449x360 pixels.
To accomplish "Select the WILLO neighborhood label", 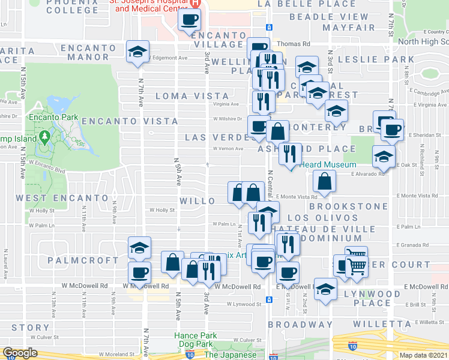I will pos(197,201).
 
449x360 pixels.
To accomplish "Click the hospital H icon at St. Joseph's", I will pos(194,3).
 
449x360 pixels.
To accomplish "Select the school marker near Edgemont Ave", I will pos(138,52).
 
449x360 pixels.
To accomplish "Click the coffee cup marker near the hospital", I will pos(189,20).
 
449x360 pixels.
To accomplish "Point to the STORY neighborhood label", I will pos(30,328).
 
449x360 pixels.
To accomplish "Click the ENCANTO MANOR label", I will pos(92,49).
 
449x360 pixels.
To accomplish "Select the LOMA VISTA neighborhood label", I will pos(192,96).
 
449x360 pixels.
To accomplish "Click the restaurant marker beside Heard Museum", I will pos(290,154).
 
